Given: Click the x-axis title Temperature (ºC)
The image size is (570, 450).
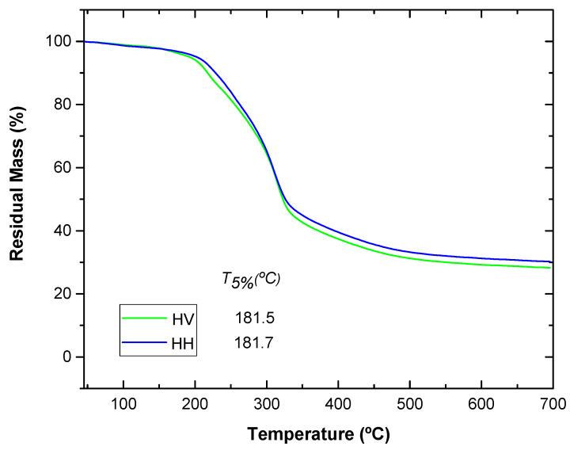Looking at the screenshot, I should click(317, 434).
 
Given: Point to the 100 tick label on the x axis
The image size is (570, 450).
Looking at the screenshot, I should click(123, 404).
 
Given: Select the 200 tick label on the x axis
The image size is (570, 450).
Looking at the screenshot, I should click(195, 404).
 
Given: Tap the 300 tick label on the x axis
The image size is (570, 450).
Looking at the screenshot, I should click(267, 404).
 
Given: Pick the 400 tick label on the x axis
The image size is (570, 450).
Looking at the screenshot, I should click(338, 404).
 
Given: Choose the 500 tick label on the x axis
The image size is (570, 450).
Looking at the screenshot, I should click(409, 404).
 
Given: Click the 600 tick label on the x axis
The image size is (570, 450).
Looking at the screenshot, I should click(481, 404).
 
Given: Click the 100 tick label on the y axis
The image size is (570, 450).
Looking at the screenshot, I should click(62, 41).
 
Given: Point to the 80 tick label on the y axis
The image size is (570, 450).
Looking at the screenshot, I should click(66, 105).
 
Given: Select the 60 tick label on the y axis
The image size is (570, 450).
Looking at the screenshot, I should click(66, 168).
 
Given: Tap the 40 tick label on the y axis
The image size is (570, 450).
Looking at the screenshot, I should click(66, 231).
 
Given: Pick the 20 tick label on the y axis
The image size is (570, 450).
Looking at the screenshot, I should click(66, 294).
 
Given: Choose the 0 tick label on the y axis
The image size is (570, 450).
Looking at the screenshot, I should click(70, 357).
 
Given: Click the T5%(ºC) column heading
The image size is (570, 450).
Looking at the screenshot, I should click(252, 278).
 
